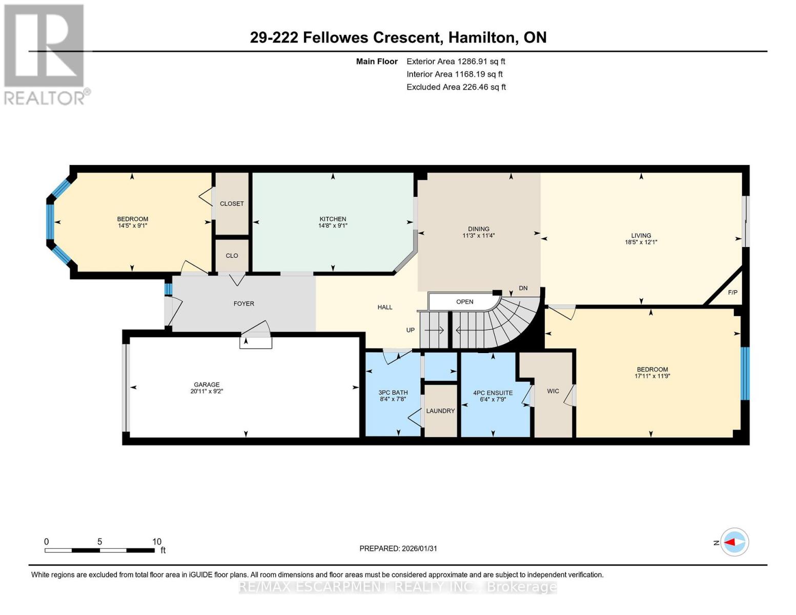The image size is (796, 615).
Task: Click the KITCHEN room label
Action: point(333,219)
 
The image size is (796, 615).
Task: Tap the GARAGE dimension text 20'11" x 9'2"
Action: point(207,392)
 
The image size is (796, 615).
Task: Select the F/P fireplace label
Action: point(732,293)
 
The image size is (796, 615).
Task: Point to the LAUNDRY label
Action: point(440,411)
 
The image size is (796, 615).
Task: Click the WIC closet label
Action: point(553,392)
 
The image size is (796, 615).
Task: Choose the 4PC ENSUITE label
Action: point(493,393)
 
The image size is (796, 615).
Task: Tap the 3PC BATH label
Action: point(393,393)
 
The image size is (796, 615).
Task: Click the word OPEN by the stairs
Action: point(464,302)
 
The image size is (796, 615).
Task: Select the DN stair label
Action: point(523,289)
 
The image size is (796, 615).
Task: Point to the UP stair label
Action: point(410,330)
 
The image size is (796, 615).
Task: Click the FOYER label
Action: point(243,304)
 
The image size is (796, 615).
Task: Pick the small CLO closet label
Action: point(232,256)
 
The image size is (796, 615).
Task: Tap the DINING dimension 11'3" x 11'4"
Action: point(478,236)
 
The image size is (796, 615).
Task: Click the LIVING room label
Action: point(641,236)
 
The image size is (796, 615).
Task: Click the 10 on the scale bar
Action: point(156,542)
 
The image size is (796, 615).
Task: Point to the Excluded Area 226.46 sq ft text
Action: point(456,87)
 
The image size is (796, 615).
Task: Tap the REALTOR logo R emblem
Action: point(44,46)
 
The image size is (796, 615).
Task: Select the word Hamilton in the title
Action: point(481,37)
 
